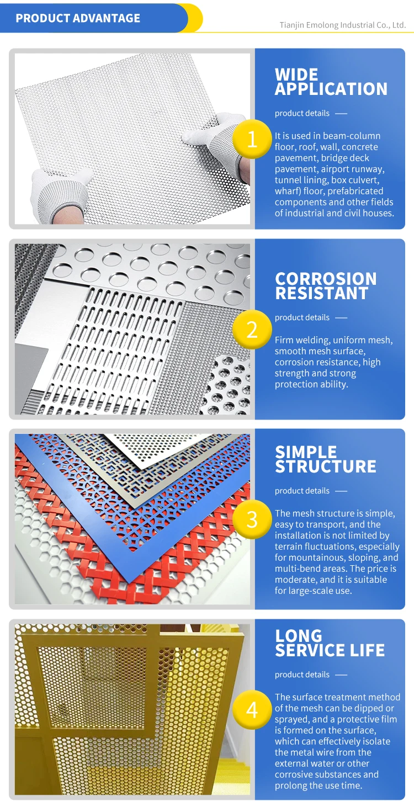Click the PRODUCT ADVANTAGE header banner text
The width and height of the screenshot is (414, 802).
78,18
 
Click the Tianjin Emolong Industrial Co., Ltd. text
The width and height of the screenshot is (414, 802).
342,25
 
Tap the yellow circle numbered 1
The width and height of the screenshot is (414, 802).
252,139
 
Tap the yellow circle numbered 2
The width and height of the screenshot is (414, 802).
252,330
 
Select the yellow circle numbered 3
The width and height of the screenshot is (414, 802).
252,519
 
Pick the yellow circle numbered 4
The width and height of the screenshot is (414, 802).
252,709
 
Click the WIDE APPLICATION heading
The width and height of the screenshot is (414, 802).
331,82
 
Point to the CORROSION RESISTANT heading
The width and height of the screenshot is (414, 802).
326,286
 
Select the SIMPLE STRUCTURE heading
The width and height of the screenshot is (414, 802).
326,459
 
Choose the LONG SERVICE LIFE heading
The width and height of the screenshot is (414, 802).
330,643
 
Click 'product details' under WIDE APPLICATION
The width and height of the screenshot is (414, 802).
302,113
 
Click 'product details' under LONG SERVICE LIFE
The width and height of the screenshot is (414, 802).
302,674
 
